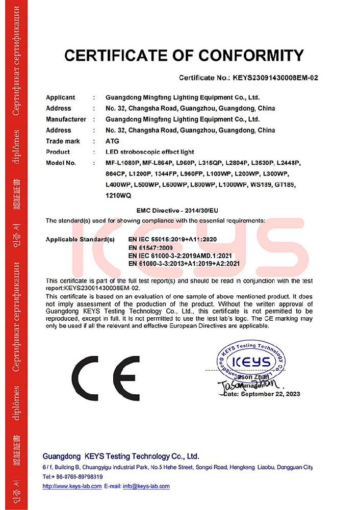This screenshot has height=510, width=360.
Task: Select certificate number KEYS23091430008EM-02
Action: pyautogui.click(x=275, y=79)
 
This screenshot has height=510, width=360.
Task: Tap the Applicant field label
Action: pyautogui.click(x=60, y=97)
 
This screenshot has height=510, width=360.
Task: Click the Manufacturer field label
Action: pyautogui.click(x=66, y=119)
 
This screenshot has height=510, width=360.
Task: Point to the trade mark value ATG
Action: pyautogui.click(x=111, y=141)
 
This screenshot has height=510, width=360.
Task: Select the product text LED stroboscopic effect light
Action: pyautogui.click(x=153, y=152)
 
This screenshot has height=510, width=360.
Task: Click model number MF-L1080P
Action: pyautogui.click(x=122, y=163)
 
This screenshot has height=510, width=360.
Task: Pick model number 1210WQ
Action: pyautogui.click(x=118, y=195)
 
